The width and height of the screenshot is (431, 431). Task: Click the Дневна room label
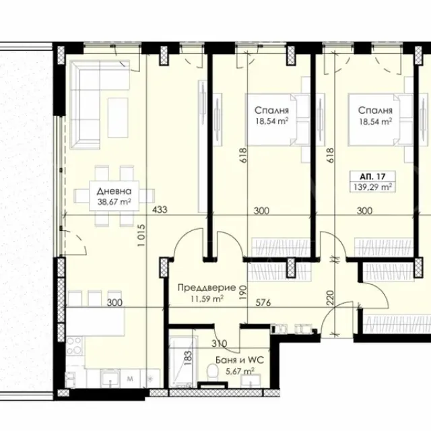[x=114, y=191]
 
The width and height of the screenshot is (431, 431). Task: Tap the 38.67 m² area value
[x=114, y=202]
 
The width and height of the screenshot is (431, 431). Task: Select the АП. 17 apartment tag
[x=372, y=176]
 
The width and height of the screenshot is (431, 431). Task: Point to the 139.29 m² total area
[x=372, y=187]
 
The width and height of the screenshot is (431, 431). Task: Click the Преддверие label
[x=207, y=288]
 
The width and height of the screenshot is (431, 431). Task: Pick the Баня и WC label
[x=240, y=360]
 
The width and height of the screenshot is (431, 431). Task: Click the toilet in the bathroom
[x=213, y=372]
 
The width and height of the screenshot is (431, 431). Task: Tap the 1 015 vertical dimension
[x=141, y=235]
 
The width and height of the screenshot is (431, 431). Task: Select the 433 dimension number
[x=160, y=209]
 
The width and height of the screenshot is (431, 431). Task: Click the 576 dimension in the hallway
[x=263, y=302]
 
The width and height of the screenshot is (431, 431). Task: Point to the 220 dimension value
[x=331, y=298]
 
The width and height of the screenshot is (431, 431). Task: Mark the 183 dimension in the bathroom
[x=188, y=358]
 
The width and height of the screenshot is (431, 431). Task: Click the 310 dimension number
[x=220, y=343]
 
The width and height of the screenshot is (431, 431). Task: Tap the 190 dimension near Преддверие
[x=243, y=292]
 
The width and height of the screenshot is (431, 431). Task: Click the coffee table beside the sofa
[x=118, y=117]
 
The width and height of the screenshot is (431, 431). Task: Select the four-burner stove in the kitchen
[x=75, y=345]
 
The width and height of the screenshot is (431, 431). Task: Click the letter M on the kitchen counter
[x=130, y=379]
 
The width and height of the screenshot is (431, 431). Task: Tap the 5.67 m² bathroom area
[x=240, y=372]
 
